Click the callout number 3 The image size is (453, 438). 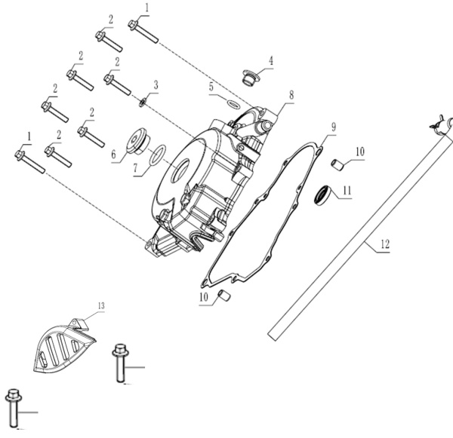pos(156,84)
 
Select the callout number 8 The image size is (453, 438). pos(289,96)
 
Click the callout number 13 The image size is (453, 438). pos(102,305)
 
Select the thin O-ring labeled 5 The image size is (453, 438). pos(233,103)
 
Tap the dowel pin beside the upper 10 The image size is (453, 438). pos(340,164)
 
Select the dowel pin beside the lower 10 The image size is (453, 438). pos(223,294)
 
